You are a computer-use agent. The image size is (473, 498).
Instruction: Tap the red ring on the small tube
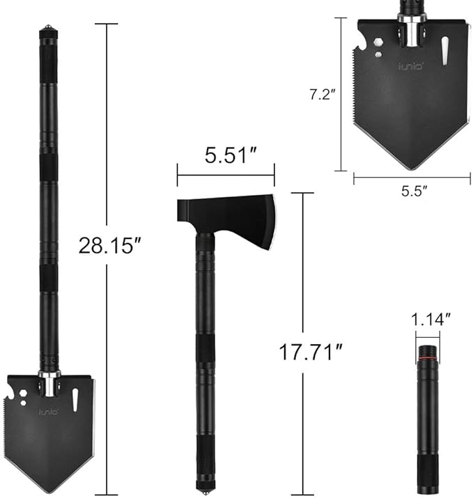tap(427, 359)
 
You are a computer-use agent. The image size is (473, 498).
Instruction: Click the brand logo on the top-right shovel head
tap(409, 68)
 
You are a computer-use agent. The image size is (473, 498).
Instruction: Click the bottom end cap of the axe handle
tap(206, 482)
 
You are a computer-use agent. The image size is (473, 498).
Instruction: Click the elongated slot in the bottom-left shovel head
tap(76, 400)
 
